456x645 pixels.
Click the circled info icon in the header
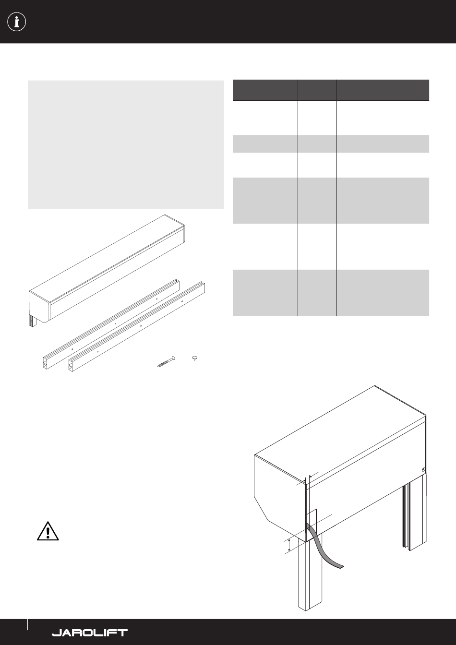[x=16, y=22]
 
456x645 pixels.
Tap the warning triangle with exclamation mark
[x=48, y=531]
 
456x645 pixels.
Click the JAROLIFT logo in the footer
[x=90, y=633]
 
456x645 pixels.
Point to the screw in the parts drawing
[x=166, y=361]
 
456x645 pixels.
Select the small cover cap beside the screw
[x=195, y=358]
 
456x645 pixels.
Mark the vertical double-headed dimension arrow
[x=289, y=546]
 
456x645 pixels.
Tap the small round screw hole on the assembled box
[x=423, y=470]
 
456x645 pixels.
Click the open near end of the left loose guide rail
[x=46, y=363]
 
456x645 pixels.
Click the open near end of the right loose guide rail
[x=71, y=365]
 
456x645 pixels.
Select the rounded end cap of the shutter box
[x=40, y=307]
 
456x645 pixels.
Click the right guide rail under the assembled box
[x=414, y=515]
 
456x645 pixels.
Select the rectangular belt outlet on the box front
[x=312, y=522]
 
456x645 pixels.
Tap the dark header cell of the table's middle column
[x=317, y=90]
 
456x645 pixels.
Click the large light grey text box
[x=126, y=144]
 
